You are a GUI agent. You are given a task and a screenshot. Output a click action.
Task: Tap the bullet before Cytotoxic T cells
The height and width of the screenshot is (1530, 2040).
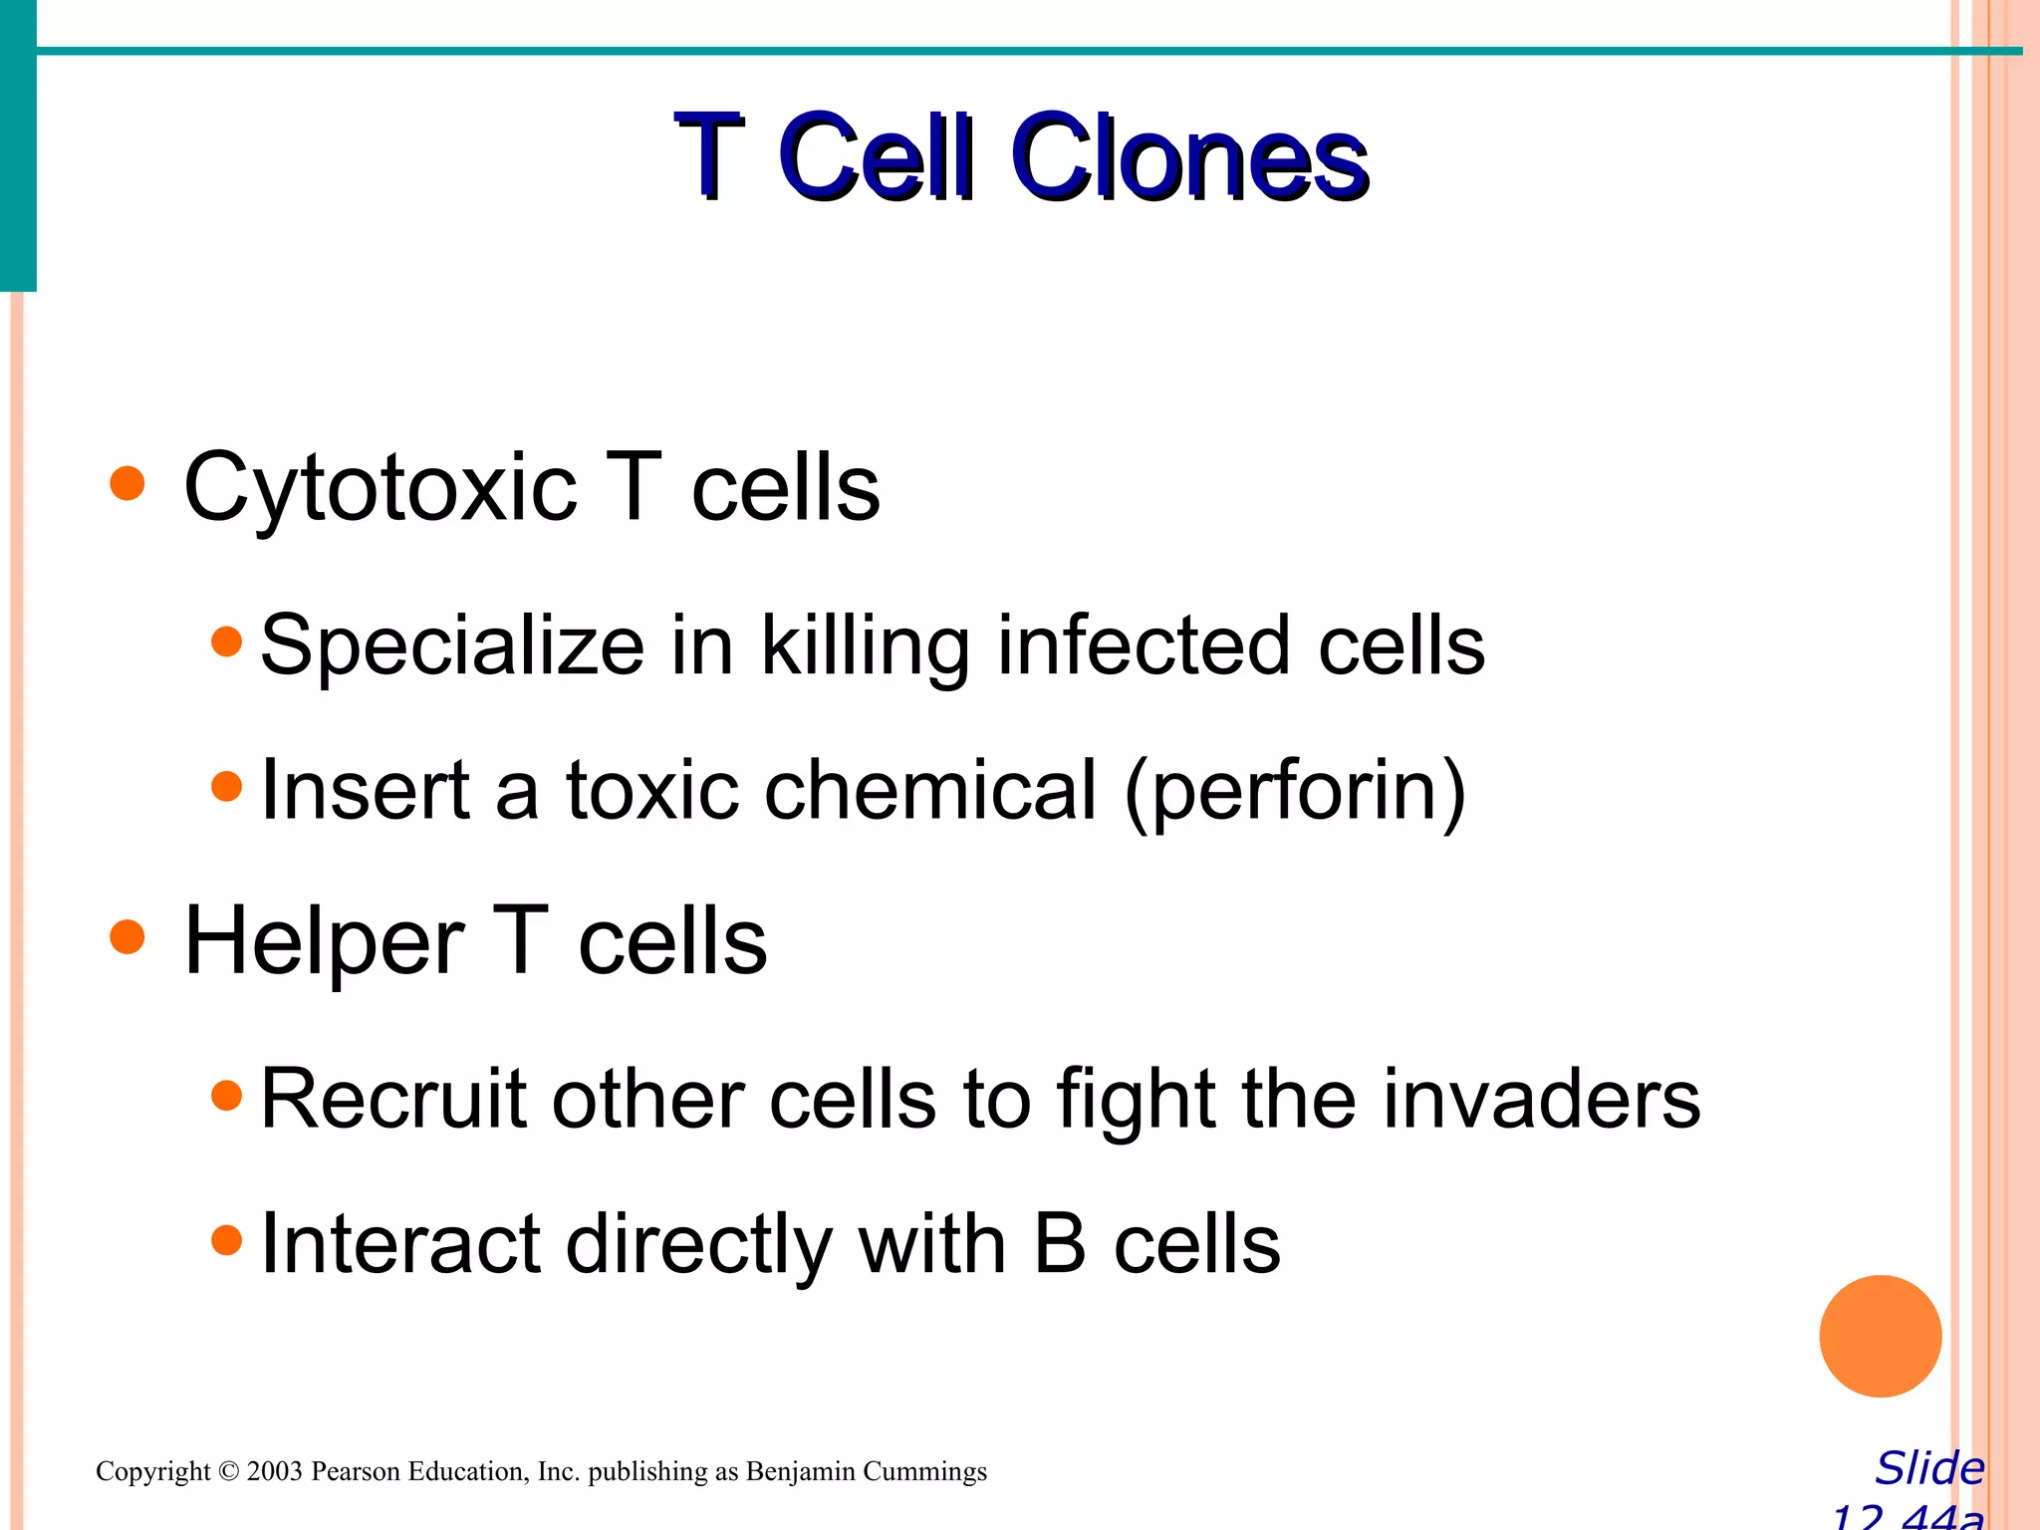tap(127, 485)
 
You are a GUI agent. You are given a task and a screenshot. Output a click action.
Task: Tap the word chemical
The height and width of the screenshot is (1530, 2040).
tap(930, 790)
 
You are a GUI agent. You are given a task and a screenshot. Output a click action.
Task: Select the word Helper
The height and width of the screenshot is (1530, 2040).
tap(325, 942)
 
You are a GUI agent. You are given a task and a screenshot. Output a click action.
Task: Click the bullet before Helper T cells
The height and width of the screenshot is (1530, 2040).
tap(127, 937)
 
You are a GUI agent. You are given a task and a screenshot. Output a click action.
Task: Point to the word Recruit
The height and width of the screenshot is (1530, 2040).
tap(392, 1099)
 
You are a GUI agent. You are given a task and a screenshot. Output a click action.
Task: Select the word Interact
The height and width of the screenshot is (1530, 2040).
tap(399, 1244)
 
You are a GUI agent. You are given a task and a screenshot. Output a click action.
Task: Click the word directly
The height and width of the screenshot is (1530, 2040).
tap(697, 1246)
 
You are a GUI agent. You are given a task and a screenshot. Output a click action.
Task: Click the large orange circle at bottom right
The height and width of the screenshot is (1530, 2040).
tap(1880, 1336)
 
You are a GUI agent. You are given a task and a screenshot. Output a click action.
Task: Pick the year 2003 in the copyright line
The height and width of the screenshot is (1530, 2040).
tap(274, 1471)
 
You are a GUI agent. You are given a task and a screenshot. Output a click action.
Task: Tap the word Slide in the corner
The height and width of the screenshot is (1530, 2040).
tap(1929, 1468)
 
